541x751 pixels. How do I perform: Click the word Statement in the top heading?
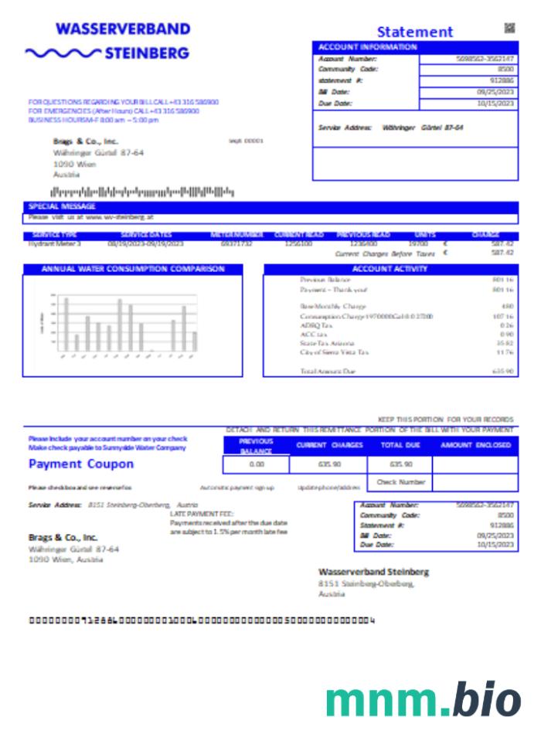[414, 32]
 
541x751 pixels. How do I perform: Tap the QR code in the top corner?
[509, 29]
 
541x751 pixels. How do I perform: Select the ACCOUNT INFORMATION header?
[368, 47]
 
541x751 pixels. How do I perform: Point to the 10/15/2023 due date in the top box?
[495, 103]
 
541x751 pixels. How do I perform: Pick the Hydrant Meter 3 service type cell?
[55, 243]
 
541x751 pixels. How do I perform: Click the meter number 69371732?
[236, 243]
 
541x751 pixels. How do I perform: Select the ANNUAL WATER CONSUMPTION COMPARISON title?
[133, 270]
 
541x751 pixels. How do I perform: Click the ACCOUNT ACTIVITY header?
[390, 270]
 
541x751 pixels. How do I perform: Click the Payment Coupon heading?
[81, 464]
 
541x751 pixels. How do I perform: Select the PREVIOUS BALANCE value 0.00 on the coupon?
[257, 464]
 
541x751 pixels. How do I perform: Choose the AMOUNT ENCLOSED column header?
[475, 446]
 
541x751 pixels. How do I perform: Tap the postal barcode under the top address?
[141, 191]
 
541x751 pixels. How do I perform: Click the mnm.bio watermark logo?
[424, 700]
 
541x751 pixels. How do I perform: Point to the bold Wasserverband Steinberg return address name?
[373, 572]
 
